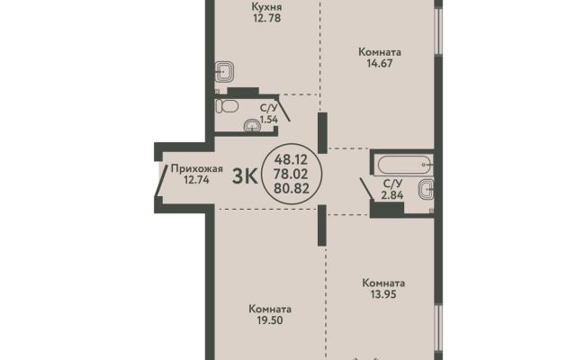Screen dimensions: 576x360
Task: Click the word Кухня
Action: click(266, 6)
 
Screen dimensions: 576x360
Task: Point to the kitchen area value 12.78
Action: click(267, 18)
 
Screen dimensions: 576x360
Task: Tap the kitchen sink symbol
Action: click(224, 71)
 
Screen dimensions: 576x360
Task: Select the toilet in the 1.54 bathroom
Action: click(227, 106)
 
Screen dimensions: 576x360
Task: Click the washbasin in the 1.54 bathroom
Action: click(252, 125)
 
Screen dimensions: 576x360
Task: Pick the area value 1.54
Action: click(269, 120)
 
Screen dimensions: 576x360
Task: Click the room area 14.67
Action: click(380, 64)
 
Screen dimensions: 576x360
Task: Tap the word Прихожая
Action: click(197, 168)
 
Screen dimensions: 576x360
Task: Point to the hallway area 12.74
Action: click(197, 180)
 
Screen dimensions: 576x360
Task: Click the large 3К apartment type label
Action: click(245, 176)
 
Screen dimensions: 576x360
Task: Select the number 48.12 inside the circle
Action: click(292, 159)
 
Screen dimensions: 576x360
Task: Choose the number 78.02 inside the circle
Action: click(292, 174)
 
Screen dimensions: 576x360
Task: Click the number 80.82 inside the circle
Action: click(292, 188)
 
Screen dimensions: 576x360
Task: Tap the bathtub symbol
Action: click(403, 165)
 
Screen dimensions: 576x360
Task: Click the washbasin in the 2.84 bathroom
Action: click(426, 190)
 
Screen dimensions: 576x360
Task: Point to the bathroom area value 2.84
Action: click(392, 195)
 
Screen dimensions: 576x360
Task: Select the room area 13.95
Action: click(383, 294)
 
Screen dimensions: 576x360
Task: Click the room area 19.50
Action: click(270, 320)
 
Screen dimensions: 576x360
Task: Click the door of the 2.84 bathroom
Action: click(367, 190)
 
